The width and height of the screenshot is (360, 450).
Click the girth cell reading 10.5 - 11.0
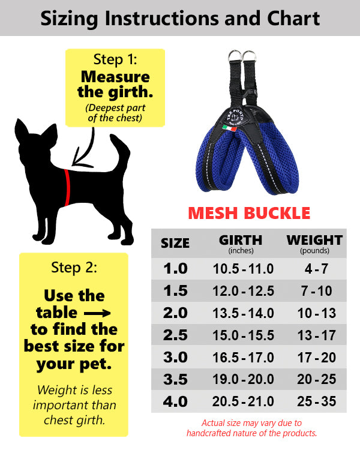point(244,268)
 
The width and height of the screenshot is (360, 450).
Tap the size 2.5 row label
point(175,335)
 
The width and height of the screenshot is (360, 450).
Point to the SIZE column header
point(175,243)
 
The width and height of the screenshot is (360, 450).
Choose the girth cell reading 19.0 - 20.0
point(244,379)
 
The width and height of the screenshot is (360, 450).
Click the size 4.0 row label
point(175,401)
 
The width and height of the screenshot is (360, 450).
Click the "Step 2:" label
point(73,267)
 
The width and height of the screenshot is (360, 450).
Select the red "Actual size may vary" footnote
point(251,428)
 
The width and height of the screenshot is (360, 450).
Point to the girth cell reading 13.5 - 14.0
point(244,313)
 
